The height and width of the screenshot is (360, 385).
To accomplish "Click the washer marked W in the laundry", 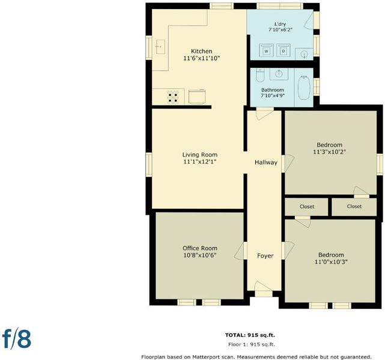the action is pyautogui.click(x=267, y=50).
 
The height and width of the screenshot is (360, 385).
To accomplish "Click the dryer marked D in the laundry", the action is pyautogui.click(x=283, y=50).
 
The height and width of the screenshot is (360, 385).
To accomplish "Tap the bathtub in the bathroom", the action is pyautogui.click(x=304, y=88).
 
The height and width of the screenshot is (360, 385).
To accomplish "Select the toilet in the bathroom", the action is pyautogui.click(x=260, y=75).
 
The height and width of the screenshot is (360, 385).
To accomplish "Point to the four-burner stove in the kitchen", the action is pyautogui.click(x=173, y=97).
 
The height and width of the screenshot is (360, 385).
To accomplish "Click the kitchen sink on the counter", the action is pyautogui.click(x=160, y=47).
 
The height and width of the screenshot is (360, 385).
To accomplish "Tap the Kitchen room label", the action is pyautogui.click(x=202, y=51).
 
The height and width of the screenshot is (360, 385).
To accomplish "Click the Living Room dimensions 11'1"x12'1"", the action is pyautogui.click(x=200, y=162).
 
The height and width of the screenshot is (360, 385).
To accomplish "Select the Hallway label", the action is pyautogui.click(x=266, y=163).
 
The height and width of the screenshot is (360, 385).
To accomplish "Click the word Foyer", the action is pyautogui.click(x=265, y=256).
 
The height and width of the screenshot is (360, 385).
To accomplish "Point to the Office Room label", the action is pyautogui.click(x=200, y=248).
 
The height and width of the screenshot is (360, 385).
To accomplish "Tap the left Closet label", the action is pyautogui.click(x=307, y=206).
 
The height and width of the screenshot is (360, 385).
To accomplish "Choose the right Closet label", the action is pyautogui.click(x=354, y=206).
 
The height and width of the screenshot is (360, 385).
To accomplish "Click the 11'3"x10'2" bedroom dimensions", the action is pyautogui.click(x=330, y=152).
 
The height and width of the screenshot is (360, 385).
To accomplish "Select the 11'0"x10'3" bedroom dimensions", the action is pyautogui.click(x=331, y=262).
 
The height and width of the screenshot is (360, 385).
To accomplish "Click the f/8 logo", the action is pyautogui.click(x=17, y=339).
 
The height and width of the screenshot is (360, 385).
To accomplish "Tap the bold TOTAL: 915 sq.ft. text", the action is pyautogui.click(x=250, y=335).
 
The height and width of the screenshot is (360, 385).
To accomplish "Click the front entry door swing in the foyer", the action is pyautogui.click(x=262, y=287).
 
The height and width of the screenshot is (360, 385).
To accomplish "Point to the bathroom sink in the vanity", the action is pyautogui.click(x=279, y=73).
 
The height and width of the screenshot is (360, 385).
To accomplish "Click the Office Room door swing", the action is pyautogui.click(x=240, y=251).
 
